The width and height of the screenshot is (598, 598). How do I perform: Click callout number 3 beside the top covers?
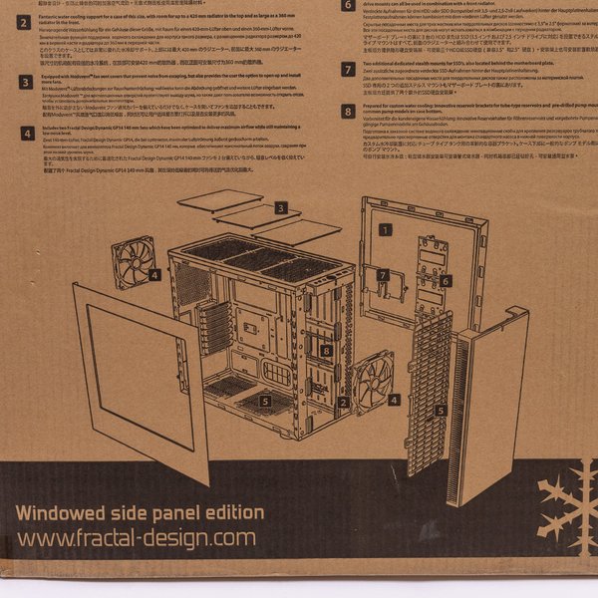[282, 207]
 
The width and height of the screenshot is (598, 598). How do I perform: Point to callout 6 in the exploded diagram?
[446, 281]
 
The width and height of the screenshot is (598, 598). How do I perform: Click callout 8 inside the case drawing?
[327, 350]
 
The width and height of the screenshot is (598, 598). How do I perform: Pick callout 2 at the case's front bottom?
[343, 403]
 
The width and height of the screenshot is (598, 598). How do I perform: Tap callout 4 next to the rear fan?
[153, 274]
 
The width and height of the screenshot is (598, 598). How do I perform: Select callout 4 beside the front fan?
[394, 399]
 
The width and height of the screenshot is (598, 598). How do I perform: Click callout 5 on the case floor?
[265, 401]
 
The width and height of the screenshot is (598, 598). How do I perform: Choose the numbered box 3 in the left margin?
[24, 84]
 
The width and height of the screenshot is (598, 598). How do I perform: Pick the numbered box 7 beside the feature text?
[348, 70]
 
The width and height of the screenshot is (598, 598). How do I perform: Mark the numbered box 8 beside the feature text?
[348, 113]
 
